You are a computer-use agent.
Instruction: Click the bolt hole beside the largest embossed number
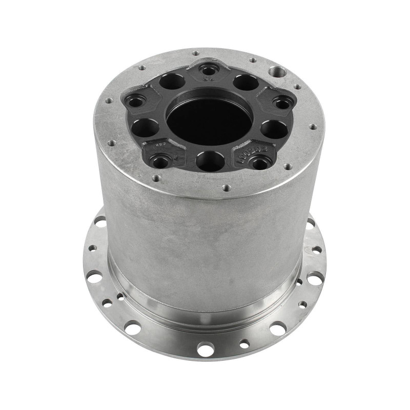point(258,163)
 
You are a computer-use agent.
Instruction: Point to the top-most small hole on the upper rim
point(195,53)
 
